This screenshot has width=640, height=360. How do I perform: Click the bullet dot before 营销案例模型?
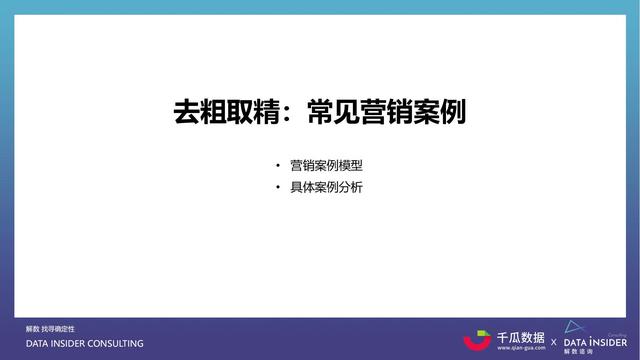tap(278, 165)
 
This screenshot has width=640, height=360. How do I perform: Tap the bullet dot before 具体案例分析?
tap(278, 187)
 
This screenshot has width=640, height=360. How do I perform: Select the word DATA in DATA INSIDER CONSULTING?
tap(38, 344)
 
